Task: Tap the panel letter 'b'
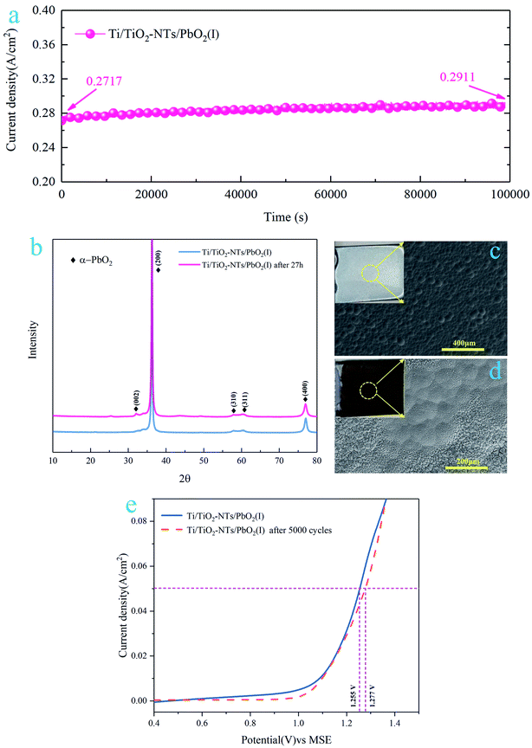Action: [x=36, y=250]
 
